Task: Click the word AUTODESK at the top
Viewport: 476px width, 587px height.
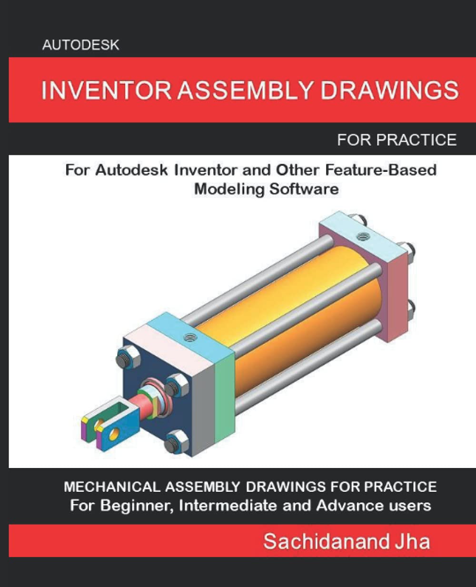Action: (x=80, y=46)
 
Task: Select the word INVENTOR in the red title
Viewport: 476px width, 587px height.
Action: (x=106, y=90)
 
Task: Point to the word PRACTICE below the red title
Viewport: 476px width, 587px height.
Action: (x=416, y=139)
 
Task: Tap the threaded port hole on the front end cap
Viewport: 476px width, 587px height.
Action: (x=189, y=338)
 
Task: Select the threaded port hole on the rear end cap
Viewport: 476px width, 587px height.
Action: (x=363, y=234)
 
